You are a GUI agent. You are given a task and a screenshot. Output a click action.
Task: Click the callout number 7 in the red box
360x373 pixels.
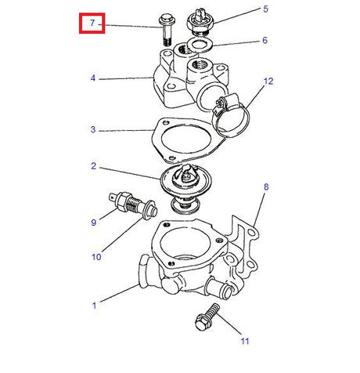click(x=92, y=23)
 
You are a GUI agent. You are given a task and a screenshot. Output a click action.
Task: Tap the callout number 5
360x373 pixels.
click(x=265, y=9)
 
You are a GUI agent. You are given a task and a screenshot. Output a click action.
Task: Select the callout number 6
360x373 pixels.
click(x=265, y=40)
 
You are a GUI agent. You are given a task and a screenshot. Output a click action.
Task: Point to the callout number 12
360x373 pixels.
click(x=268, y=81)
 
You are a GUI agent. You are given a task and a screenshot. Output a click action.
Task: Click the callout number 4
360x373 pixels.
click(x=93, y=78)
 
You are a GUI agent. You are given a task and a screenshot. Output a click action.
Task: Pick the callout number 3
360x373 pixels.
click(x=93, y=129)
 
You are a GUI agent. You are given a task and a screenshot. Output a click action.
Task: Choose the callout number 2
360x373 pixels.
click(x=93, y=166)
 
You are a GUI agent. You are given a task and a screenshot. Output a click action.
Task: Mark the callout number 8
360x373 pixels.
click(x=266, y=187)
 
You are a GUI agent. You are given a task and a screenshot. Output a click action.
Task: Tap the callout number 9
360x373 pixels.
click(x=94, y=223)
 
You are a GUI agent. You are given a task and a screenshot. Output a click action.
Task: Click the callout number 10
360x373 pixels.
click(x=96, y=257)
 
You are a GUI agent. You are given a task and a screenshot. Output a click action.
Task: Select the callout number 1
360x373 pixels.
click(x=94, y=306)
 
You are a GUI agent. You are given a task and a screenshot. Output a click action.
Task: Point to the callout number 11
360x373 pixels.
click(x=245, y=341)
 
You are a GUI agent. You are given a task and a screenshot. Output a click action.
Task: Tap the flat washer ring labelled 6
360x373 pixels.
click(x=200, y=45)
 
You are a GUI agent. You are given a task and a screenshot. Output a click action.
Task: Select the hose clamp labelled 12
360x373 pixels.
click(x=229, y=116)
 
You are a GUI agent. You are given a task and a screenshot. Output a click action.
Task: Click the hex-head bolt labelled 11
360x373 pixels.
click(x=207, y=317)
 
